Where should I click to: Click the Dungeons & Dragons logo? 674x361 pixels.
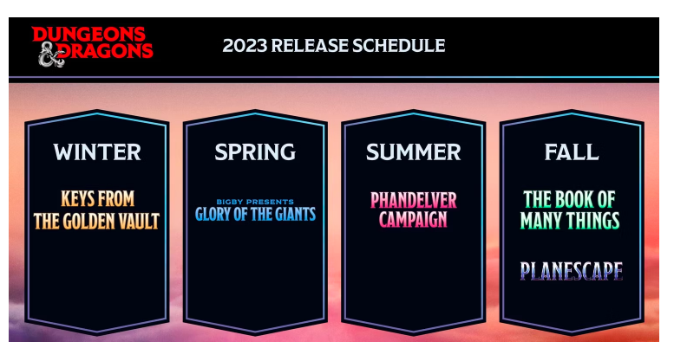93,46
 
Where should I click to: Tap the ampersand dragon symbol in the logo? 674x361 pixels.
51,55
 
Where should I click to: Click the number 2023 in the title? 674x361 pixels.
245,45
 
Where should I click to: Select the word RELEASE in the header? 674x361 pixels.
310,45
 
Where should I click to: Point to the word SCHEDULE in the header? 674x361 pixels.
398,45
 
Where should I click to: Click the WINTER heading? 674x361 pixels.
97,151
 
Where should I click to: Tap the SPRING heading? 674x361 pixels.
255,151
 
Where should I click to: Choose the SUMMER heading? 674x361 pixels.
414,151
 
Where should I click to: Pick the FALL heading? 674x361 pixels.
572,151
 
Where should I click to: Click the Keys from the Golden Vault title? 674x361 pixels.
96,210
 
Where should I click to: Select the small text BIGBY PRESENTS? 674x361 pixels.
255,202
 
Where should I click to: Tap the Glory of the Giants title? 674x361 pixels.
255,214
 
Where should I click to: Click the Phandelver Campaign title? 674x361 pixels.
414,210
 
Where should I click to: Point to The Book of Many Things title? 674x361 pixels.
570,210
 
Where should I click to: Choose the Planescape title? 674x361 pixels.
572,271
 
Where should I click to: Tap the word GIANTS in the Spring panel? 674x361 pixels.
295,215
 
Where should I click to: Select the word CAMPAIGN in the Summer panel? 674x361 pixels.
413,220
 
